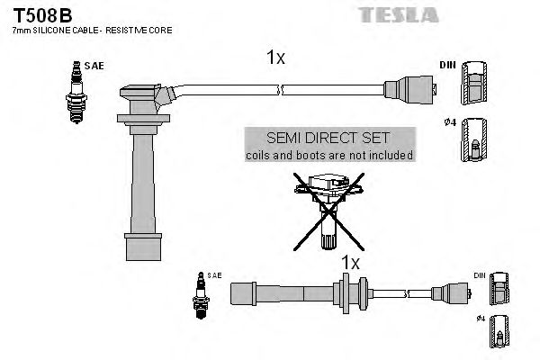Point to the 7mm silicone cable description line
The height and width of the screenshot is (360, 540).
coord(92,31)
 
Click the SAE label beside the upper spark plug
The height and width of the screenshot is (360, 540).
coord(93,66)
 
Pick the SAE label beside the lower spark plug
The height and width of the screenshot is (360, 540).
coord(214,274)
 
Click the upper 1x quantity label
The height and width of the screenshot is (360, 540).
coord(275,58)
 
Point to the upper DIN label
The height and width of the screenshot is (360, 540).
coord(447,65)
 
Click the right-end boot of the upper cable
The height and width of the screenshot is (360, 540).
coord(409,88)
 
